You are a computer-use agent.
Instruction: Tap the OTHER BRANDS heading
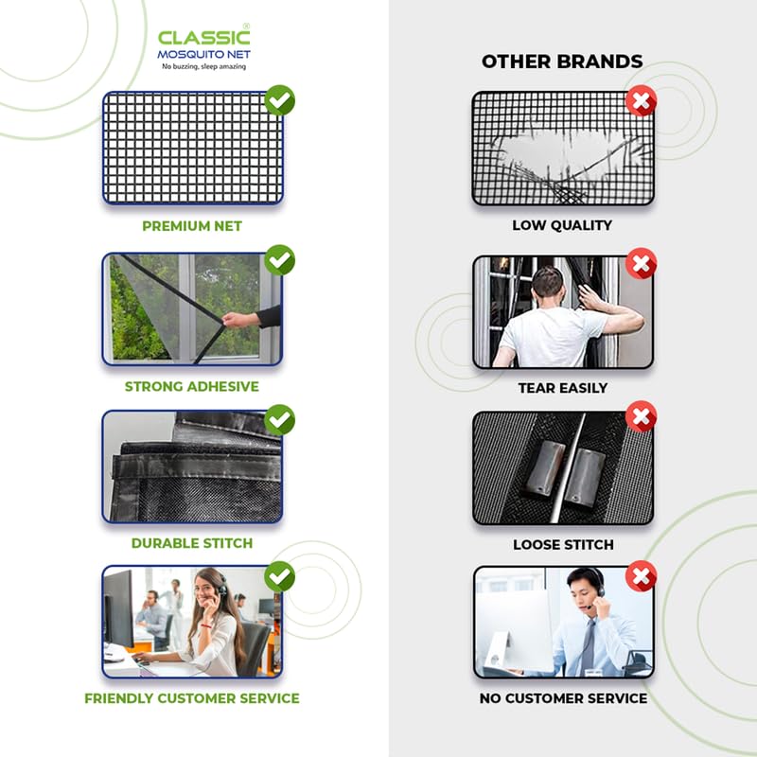pos(562,62)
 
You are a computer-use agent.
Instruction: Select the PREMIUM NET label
pos(192,226)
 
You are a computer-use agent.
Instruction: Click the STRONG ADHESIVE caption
pos(192,386)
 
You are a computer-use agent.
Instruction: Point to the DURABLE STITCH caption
pos(192,543)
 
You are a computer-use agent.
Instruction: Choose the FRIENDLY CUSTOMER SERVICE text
pos(192,698)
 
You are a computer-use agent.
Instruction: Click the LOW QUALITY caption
pos(562,225)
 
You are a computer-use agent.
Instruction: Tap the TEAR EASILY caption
pos(562,388)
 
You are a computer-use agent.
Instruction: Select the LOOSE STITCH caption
pos(562,544)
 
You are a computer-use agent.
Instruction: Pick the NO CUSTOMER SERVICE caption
pos(562,698)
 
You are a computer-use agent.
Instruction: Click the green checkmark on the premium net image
pos(279,100)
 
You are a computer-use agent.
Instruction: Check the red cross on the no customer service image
pos(642,574)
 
